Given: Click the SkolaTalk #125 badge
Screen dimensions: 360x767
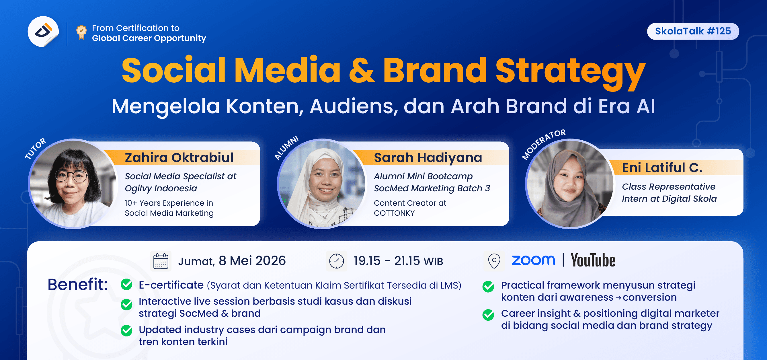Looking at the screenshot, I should (692, 31).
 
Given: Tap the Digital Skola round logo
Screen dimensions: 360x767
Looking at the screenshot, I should (43, 32).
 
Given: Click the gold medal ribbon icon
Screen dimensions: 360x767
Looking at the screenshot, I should (81, 32).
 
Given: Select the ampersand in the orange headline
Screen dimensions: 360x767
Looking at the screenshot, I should (362, 71).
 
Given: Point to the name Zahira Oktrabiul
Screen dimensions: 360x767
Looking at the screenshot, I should (179, 157).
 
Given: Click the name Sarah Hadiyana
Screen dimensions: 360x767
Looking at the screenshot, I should (428, 157).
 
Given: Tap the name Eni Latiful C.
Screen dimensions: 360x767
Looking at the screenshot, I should (661, 168).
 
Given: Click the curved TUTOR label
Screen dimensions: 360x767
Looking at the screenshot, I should (36, 148).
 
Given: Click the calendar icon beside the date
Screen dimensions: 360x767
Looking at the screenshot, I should (161, 261).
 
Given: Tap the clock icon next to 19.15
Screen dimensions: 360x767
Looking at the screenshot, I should (336, 261).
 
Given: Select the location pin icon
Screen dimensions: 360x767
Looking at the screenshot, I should (494, 261).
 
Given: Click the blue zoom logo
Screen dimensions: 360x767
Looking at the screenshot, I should (533, 260).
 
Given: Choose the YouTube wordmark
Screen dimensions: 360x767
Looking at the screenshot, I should (593, 260).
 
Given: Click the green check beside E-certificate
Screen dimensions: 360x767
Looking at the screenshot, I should (126, 284).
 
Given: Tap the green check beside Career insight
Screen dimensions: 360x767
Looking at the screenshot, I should (488, 315).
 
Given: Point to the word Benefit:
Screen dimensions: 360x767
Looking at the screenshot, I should (77, 284).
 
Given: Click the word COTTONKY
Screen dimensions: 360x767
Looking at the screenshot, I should (394, 213).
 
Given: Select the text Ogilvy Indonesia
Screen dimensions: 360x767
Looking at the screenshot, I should (161, 188).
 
